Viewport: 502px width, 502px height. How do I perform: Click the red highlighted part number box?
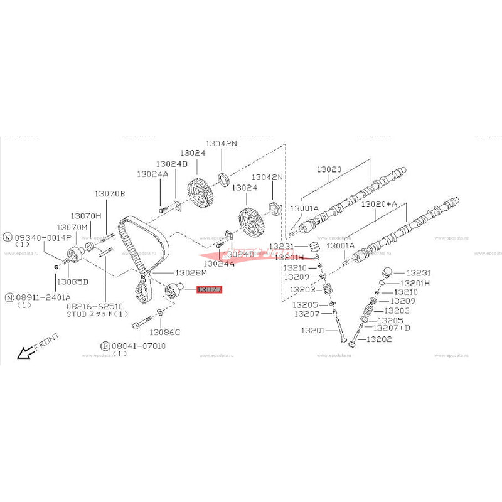point(210,291)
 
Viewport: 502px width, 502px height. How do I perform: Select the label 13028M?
point(191,273)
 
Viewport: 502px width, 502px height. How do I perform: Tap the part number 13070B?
point(110,194)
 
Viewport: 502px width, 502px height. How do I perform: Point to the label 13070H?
point(85,215)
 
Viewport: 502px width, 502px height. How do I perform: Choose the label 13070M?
point(72,227)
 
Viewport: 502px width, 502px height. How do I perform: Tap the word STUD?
point(78,314)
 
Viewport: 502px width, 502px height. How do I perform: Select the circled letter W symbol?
point(8,237)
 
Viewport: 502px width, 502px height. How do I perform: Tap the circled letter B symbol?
point(105,346)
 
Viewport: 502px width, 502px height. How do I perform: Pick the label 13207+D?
point(392,328)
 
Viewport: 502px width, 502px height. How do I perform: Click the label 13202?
point(378,339)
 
